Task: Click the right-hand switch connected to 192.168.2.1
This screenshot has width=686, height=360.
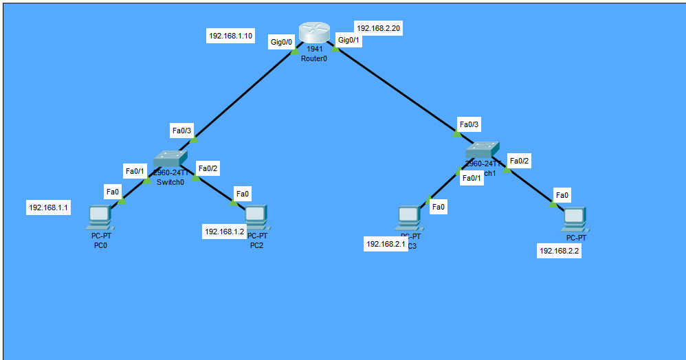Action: (482, 150)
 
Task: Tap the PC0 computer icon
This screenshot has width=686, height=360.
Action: (100, 218)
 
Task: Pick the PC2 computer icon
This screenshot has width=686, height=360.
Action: (256, 217)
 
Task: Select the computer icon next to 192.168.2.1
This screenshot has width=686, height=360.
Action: (408, 218)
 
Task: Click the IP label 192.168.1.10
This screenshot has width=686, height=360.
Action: (230, 36)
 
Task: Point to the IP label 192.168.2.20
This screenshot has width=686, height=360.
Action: (377, 29)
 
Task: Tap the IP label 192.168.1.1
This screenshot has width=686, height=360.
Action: (49, 207)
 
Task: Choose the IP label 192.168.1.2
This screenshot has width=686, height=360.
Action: (224, 232)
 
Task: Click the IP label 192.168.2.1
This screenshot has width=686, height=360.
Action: (386, 244)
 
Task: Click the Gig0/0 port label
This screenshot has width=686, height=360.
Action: (282, 43)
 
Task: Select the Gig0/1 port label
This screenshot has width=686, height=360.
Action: (348, 41)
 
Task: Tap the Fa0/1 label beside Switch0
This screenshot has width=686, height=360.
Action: (135, 171)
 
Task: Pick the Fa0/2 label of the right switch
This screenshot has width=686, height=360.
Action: (520, 161)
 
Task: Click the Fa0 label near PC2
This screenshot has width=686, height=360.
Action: (243, 194)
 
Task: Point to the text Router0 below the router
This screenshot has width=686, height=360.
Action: (314, 58)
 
